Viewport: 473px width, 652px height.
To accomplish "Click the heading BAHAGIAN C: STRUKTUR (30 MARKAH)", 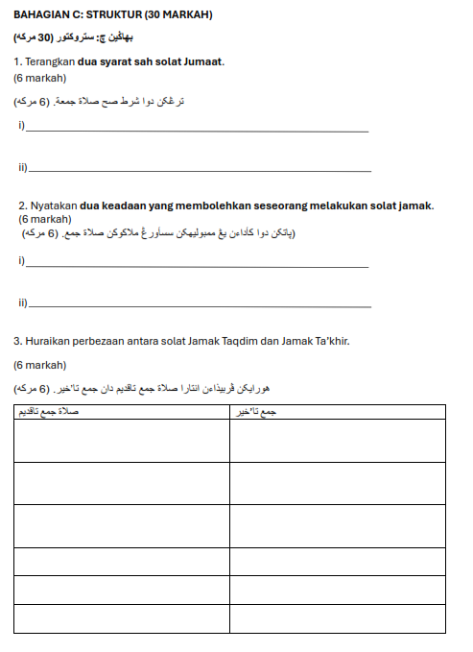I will pos(113,14).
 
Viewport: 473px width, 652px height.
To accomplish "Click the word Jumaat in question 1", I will pos(203,62).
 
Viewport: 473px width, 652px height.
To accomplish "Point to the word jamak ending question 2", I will pos(416,205).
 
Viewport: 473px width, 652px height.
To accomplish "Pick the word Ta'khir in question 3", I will pos(329,341).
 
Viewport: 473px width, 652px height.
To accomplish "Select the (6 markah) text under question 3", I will pos(39,365).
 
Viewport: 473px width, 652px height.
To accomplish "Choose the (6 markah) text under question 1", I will pos(39,79).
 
